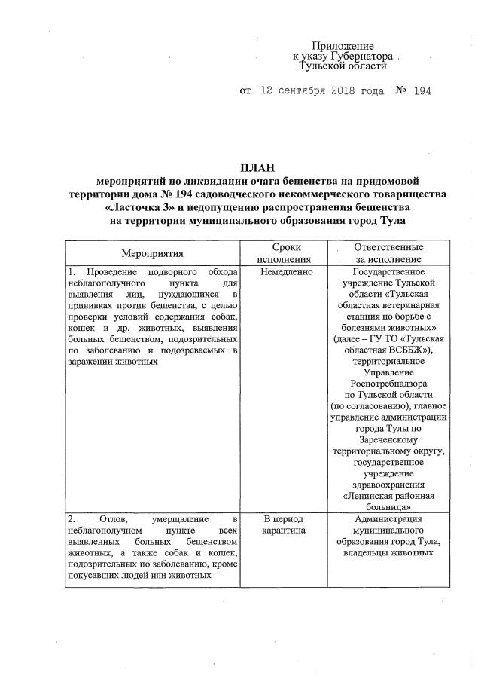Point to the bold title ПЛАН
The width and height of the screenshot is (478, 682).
[257, 167]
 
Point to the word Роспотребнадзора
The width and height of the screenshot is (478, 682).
[388, 382]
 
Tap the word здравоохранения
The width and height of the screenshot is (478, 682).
[388, 485]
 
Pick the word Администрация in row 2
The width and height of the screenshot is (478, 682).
[388, 520]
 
